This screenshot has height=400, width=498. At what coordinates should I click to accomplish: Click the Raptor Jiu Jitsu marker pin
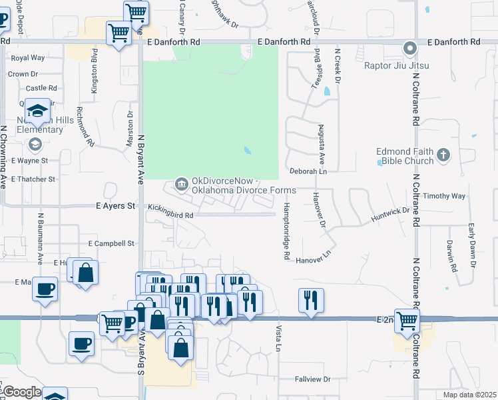click(410, 48)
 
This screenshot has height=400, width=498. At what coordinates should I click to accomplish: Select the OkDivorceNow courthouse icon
click(180, 183)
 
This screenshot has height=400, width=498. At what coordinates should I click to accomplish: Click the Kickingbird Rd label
click(170, 215)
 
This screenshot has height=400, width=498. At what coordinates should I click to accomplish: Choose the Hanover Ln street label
click(314, 259)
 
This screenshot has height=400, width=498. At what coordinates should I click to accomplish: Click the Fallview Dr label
click(312, 379)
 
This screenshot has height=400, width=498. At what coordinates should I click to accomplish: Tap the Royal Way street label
click(28, 58)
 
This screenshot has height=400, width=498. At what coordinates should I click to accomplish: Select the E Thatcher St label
click(33, 179)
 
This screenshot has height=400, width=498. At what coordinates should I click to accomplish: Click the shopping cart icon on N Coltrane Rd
click(406, 320)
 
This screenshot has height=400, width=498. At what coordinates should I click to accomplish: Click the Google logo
click(21, 392)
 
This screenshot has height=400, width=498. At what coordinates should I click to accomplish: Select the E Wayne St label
click(29, 161)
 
